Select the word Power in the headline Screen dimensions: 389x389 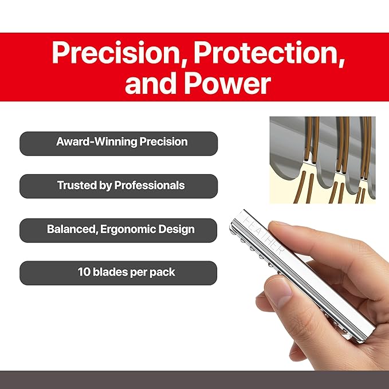tap(228, 83)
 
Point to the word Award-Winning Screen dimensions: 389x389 tap(96, 142)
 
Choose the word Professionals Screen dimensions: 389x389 tap(150, 186)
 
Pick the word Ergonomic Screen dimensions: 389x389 tap(128, 230)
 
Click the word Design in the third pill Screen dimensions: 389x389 tap(176, 230)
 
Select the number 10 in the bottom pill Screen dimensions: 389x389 tap(84, 272)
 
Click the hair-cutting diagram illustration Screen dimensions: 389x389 tap(323, 160)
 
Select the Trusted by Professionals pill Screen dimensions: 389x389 tap(119, 186)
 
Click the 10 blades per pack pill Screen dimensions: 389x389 tap(119, 273)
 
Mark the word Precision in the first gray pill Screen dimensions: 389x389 tap(163, 142)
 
